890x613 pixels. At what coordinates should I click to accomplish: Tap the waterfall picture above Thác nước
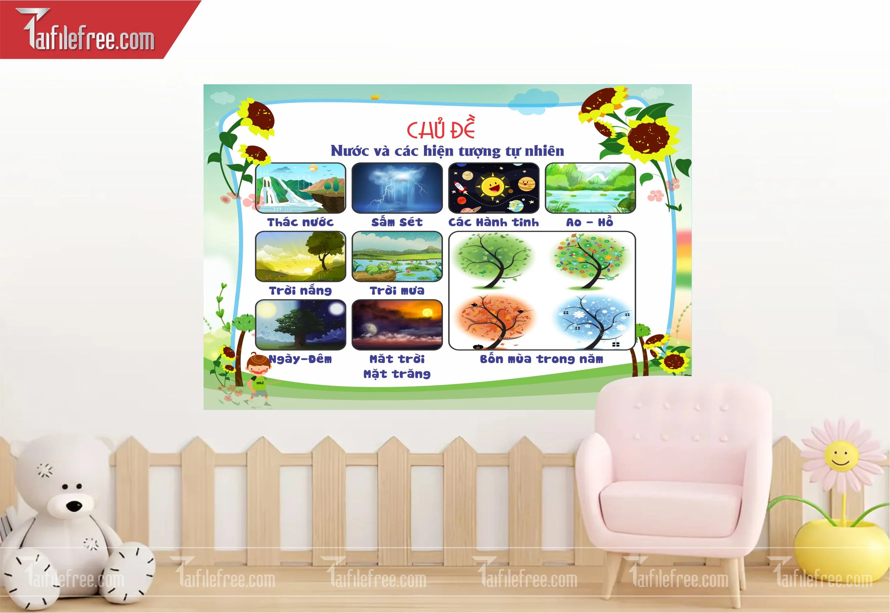click(300, 188)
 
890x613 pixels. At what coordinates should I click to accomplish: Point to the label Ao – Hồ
click(590, 222)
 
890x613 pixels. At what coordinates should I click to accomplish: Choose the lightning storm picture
click(397, 188)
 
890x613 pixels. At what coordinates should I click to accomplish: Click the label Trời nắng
click(300, 290)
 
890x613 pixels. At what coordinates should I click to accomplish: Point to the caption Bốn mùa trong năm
click(541, 359)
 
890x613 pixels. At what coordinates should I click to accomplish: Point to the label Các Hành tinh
click(494, 222)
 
